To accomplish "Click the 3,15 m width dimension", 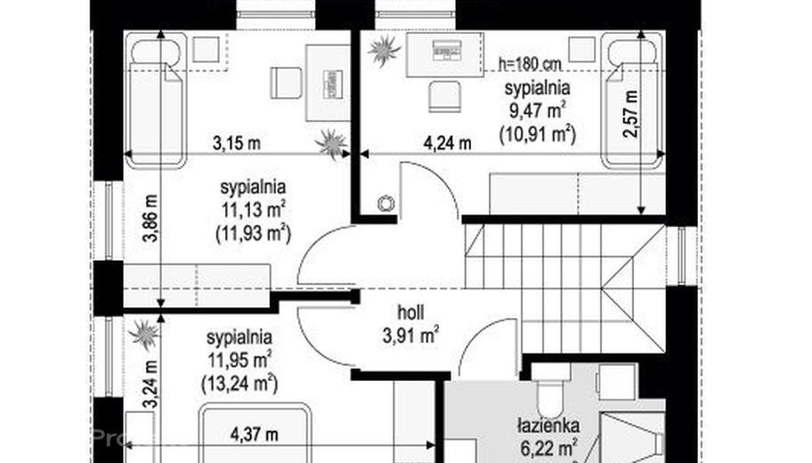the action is coord(236,143).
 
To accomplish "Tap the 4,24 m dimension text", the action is coord(448,143).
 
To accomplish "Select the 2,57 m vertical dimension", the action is coord(631,114).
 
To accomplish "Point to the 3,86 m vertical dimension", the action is coord(151,218).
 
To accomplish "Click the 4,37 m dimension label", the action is coord(254,435).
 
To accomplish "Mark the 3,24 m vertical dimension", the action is coord(150,386).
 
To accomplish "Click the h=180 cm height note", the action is coord(530,64).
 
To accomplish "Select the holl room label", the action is coord(410,313).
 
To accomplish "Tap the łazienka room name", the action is coord(548,426).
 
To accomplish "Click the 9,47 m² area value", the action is coord(538,110).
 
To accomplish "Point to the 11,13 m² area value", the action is coord(254,210).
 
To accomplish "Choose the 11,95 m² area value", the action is coord(240,360).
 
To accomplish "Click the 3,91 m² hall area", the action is coord(410,335).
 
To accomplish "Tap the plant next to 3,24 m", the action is coord(145,334).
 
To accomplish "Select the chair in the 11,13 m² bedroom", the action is coord(286,83).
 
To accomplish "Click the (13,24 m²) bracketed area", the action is coord(240,384).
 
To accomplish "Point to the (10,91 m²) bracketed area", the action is coord(538,134).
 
